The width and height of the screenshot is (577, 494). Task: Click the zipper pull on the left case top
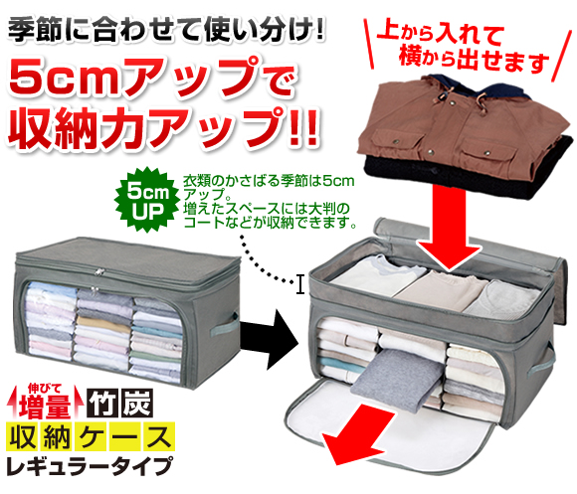pos(98,272)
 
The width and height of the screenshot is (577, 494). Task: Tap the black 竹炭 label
pos(120,403)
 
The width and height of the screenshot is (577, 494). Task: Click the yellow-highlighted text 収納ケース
pos(91,436)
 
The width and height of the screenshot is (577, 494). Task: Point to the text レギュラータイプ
pos(90,466)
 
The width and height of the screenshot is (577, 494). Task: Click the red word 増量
pos(45,406)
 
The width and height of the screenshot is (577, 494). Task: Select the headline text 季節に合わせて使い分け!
pos(166,30)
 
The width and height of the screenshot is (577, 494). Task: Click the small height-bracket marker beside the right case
pos(300,284)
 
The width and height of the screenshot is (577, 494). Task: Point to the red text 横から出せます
pos(474,60)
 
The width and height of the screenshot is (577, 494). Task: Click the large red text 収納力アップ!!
pos(163,128)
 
